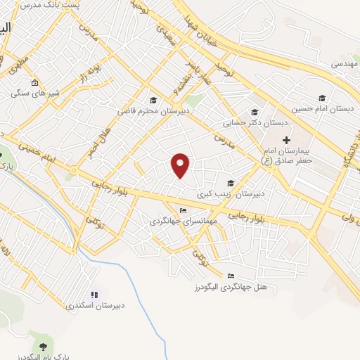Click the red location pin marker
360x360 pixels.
(181, 165)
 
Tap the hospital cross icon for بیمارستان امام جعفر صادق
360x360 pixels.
(286, 140)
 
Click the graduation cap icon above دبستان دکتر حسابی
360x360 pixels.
(255, 112)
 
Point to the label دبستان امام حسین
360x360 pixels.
(324, 109)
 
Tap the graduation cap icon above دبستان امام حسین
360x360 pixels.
(323, 98)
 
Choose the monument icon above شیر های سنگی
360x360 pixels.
(35, 83)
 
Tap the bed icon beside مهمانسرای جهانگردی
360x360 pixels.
(184, 210)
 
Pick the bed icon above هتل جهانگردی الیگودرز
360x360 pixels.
(231, 276)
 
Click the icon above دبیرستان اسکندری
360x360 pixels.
(94, 295)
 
